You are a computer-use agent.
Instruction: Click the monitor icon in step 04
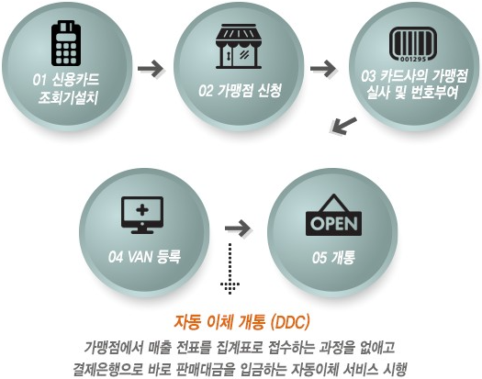[142, 215]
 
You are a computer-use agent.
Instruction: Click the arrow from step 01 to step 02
[151, 68]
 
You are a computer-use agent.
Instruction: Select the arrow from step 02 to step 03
[322, 68]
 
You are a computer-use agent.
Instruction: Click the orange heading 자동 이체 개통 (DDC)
[241, 322]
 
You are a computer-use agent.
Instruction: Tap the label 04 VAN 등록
[143, 256]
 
